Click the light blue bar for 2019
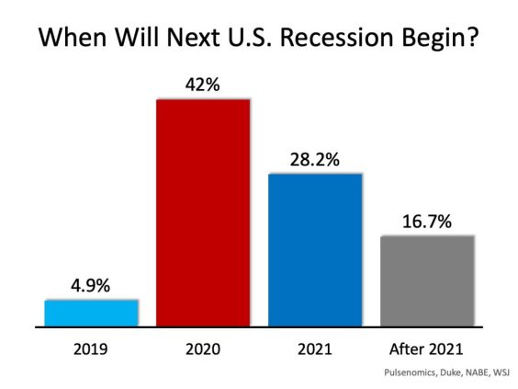click(x=91, y=313)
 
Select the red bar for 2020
click(x=203, y=212)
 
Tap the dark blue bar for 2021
click(x=315, y=249)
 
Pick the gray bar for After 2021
click(x=427, y=280)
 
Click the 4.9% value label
click(x=91, y=286)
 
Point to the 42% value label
click(x=203, y=84)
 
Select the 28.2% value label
click(x=315, y=159)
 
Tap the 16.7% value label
click(x=427, y=222)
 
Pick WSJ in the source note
click(x=501, y=373)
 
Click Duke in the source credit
click(x=445, y=373)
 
